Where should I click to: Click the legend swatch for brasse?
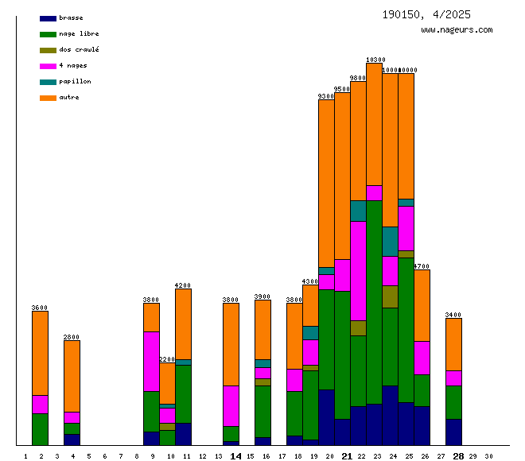pos(48,18)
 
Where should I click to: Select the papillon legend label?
pos(75,82)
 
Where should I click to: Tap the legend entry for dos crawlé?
pos(79,50)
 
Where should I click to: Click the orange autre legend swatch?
pos(48,98)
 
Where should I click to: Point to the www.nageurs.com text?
pos(457,30)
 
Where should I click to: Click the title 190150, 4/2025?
pos(426,14)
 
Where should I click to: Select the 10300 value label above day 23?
pos(375,60)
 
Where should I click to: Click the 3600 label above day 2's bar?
pos(40,308)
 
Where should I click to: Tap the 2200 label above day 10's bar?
pos(167,359)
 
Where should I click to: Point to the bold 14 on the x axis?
pos(235,456)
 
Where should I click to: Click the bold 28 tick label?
pos(458,456)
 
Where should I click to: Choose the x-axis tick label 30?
pos(488,456)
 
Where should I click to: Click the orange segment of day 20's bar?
pos(326,183)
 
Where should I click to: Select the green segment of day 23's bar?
pos(374,302)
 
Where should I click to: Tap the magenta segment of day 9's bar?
pos(151,361)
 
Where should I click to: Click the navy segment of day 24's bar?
pos(390,415)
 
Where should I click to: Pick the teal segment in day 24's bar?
pos(390,241)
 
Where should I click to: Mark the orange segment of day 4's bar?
pos(72,375)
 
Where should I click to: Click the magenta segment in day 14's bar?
pos(231,405)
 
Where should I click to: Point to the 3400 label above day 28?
pos(453,315)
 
